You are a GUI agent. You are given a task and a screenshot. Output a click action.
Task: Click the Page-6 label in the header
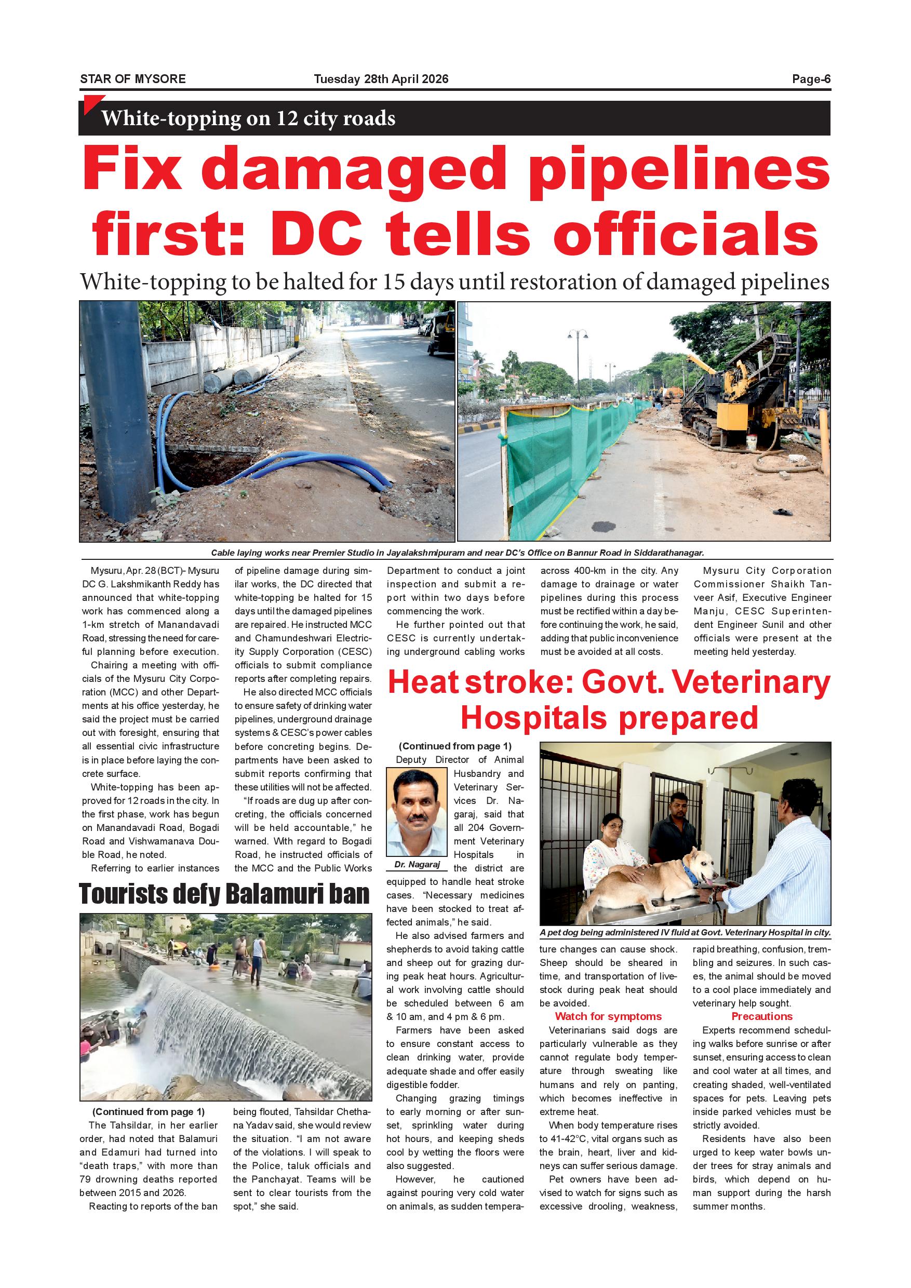click(x=811, y=79)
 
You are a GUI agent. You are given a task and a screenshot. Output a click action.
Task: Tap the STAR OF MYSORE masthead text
click(x=133, y=79)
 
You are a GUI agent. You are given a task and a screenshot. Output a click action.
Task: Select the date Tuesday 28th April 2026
click(x=381, y=79)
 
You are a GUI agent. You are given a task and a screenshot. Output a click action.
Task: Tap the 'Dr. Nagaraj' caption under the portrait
click(x=416, y=864)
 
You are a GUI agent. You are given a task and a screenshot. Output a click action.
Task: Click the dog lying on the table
click(x=651, y=882)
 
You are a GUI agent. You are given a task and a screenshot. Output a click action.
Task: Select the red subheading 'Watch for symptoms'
click(x=608, y=1016)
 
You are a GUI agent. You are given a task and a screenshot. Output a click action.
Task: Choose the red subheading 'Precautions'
click(x=761, y=1016)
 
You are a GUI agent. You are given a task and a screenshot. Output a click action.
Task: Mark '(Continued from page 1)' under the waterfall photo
click(x=148, y=1112)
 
